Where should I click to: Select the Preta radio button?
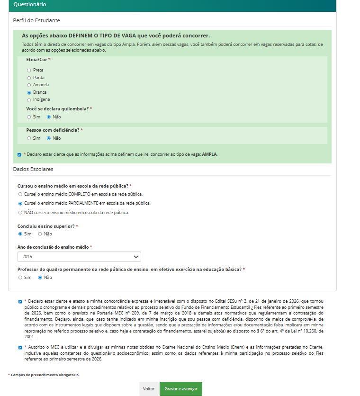(29, 70)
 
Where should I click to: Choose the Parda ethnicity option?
(29, 78)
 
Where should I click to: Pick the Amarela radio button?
(29, 85)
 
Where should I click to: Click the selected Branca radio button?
(29, 92)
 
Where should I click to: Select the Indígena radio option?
(29, 100)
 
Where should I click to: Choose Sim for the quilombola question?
(29, 117)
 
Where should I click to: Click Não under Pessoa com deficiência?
(48, 138)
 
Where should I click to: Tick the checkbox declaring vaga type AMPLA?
(19, 154)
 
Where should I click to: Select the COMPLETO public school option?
(20, 194)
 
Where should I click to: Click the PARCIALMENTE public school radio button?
(20, 203)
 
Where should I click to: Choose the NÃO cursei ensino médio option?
(20, 213)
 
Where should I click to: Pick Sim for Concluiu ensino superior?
(20, 234)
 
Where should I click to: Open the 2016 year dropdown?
(79, 256)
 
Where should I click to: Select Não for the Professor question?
(40, 278)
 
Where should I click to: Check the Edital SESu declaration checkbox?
(20, 301)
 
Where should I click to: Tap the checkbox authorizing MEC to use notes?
(20, 347)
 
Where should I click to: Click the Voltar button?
(149, 389)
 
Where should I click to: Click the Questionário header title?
(30, 4)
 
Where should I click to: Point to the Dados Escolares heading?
(33, 169)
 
